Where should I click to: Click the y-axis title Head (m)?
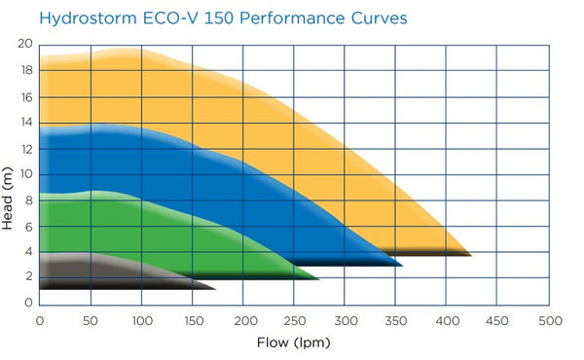coord(9,198)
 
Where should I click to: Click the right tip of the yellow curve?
coord(470,254)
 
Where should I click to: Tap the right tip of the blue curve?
coord(401,265)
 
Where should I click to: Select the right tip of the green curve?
coord(317,278)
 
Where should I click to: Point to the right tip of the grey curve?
coord(214,288)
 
